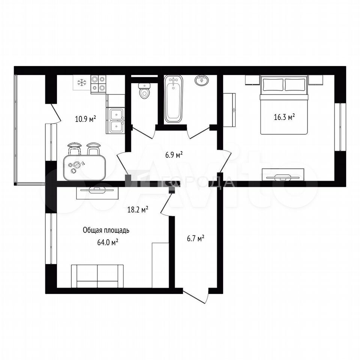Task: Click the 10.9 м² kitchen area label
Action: (85, 118)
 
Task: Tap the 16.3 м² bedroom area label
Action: (285, 117)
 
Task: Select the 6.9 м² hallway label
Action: (174, 155)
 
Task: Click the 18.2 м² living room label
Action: (138, 209)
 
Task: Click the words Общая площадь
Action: (106, 230)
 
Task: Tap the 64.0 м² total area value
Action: (108, 242)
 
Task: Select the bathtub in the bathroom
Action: (173, 99)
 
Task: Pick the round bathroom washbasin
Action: (202, 80)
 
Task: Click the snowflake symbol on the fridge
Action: (81, 82)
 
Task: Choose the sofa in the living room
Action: (97, 276)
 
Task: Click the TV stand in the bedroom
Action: (283, 175)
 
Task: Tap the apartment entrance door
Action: (196, 296)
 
